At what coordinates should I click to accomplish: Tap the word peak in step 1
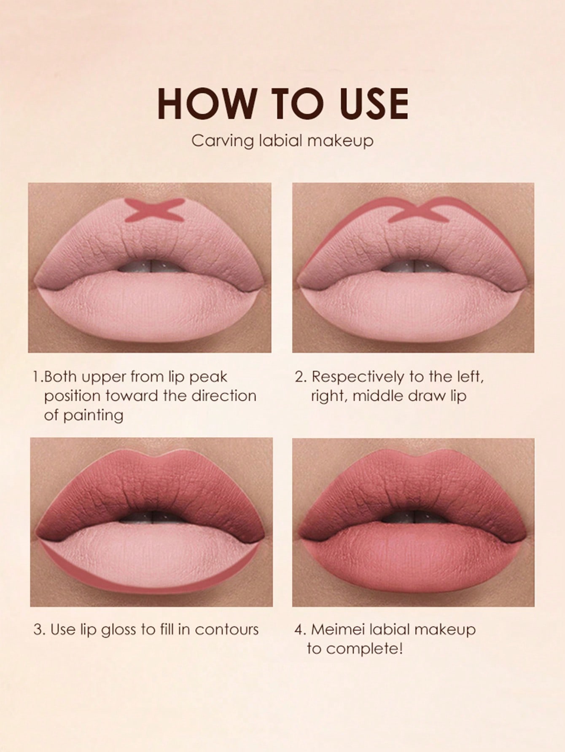[x=208, y=377]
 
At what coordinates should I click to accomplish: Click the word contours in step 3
[x=226, y=630]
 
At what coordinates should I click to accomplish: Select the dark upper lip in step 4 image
[x=413, y=484]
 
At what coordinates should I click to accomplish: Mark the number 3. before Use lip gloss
[x=39, y=630]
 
